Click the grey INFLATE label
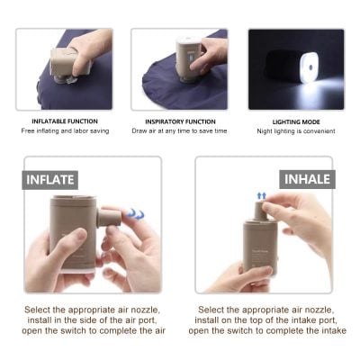50,178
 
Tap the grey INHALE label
307,178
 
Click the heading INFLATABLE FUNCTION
63,121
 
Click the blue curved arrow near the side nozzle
136,214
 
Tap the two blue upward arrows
262,194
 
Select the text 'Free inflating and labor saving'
63,131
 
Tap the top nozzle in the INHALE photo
260,211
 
